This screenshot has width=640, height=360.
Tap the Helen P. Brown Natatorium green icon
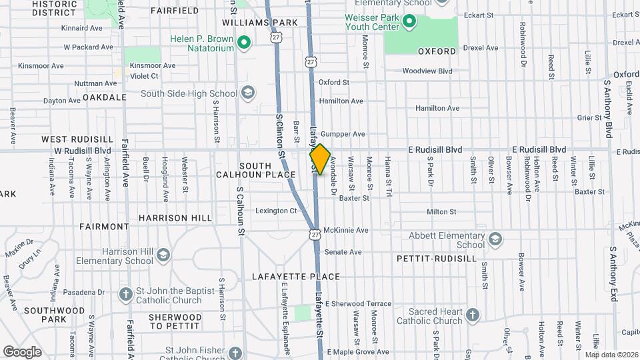click(244, 44)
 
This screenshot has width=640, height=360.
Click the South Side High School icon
click(248, 93)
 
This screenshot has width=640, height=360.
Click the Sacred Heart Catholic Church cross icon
click(472, 315)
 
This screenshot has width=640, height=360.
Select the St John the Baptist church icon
click(125, 295)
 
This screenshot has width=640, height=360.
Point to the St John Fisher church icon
click(235, 352)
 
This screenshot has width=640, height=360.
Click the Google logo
click(22, 352)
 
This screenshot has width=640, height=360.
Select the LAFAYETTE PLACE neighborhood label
click(296, 277)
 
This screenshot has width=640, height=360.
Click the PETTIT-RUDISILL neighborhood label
click(436, 257)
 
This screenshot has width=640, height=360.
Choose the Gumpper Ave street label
click(343, 134)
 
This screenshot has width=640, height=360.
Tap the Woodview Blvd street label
click(427, 71)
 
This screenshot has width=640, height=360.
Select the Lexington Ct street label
click(276, 211)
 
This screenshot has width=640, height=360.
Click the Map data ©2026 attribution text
click(611, 355)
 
